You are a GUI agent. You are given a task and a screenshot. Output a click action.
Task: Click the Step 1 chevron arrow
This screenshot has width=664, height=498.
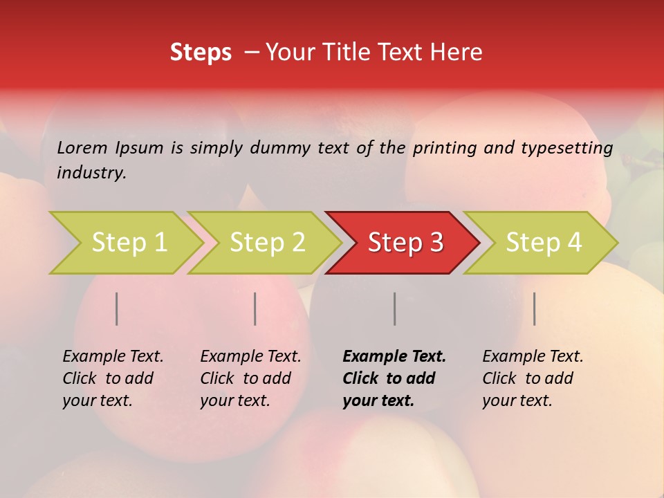[128, 243]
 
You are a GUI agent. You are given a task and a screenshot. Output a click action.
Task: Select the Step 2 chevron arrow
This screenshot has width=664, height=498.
[267, 243]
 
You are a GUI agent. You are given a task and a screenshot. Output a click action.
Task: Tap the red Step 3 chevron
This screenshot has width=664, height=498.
[405, 243]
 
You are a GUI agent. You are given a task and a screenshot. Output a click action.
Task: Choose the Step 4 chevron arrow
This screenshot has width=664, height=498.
[543, 243]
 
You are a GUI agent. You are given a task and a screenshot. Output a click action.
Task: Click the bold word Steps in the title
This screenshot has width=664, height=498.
[201, 53]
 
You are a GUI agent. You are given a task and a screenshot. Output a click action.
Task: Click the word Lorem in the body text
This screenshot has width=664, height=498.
[82, 147]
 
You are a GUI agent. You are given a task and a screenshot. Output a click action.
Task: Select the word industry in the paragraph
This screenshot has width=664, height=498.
[91, 173]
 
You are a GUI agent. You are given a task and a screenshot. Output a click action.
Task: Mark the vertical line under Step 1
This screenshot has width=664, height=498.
[117, 308]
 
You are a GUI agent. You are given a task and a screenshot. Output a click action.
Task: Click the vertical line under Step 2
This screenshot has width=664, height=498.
[255, 308]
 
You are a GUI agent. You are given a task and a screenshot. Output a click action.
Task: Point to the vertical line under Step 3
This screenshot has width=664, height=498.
[394, 308]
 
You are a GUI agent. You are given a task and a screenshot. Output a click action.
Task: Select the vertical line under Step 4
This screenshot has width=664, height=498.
[534, 308]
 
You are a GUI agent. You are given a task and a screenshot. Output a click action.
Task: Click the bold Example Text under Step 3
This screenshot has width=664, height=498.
[394, 357]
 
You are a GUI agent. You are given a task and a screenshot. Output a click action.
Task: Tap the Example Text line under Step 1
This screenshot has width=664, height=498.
[113, 357]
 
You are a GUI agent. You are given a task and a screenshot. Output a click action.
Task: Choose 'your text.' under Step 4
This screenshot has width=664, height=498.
[517, 400]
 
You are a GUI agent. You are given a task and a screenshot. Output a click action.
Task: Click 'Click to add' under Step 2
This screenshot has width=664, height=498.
[246, 378]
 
